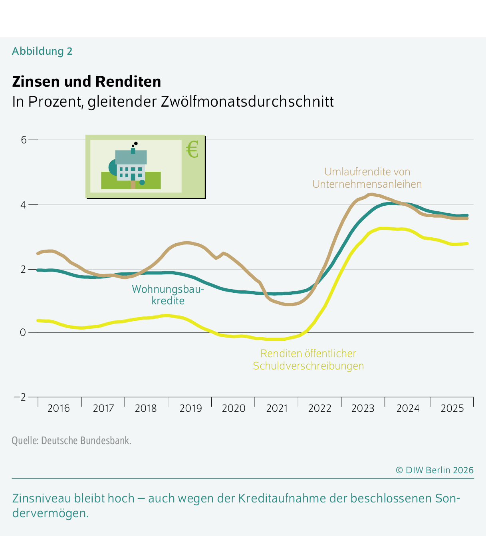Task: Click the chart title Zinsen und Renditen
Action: pos(86,81)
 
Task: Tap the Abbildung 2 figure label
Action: pos(42,51)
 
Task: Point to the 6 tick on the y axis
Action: pos(24,140)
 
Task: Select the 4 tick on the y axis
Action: pos(24,204)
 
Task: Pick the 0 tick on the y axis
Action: pos(23,332)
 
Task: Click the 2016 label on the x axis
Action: pos(58,408)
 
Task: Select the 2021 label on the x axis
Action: pos(277,408)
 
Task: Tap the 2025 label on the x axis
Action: pos(452,408)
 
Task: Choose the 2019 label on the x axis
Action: pos(190,408)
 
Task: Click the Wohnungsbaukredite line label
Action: pos(168,295)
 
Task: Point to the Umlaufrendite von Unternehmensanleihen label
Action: pos(367,178)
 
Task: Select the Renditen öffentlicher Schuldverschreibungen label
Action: pos(308,359)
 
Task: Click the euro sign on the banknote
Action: pos(192,150)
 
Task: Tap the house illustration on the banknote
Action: pos(131,166)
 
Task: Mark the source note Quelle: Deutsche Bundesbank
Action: pos(71,441)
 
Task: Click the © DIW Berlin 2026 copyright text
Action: pos(434,470)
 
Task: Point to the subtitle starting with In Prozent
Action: pos(173,101)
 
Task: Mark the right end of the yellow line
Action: pos(467,244)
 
